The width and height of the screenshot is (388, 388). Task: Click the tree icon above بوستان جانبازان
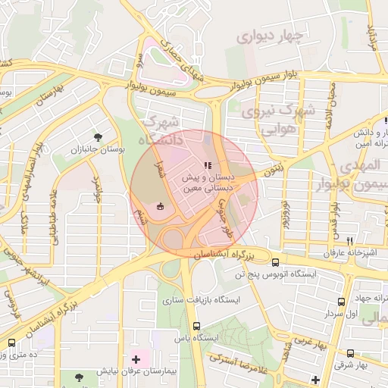(x=98, y=136)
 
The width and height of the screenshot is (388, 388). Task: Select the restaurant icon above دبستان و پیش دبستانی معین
(x=207, y=165)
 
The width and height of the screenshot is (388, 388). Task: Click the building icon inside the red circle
(x=160, y=205)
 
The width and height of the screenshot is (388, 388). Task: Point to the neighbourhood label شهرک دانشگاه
(x=161, y=130)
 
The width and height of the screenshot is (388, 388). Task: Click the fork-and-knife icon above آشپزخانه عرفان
(x=349, y=241)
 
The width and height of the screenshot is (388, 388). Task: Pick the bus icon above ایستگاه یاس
(x=197, y=326)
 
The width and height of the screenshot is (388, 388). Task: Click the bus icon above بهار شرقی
(x=350, y=353)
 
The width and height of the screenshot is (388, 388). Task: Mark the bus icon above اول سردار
(x=341, y=301)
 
